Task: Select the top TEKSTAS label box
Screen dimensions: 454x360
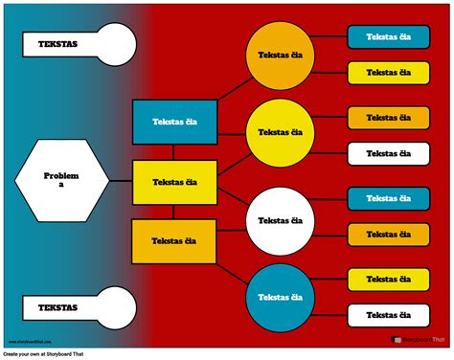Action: (x=59, y=44)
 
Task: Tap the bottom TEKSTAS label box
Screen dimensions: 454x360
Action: (x=59, y=308)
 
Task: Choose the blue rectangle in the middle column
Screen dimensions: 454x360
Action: (x=173, y=122)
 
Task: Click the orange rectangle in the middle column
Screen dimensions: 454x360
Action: (x=173, y=240)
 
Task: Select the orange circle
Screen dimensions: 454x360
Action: (x=281, y=54)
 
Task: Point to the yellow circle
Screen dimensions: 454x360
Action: (x=281, y=132)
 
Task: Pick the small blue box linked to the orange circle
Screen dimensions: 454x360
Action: (x=388, y=36)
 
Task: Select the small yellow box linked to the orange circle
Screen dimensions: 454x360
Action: (x=388, y=72)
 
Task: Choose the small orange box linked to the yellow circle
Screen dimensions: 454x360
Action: (x=388, y=118)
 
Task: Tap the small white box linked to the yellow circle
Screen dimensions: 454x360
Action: (x=388, y=153)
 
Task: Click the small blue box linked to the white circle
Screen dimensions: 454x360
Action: (x=388, y=198)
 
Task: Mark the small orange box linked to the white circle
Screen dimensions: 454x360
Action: (x=388, y=234)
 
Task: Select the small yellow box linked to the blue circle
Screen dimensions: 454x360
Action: (x=388, y=279)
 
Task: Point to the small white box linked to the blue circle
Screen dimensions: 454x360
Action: (x=388, y=314)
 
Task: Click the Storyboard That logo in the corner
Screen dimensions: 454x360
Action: (x=419, y=338)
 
